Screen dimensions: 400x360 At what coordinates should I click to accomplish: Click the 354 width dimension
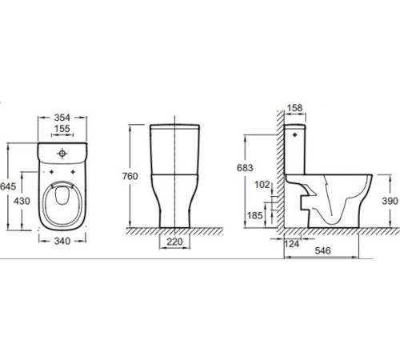click(x=62, y=118)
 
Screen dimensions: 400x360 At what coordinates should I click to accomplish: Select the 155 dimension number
click(x=62, y=129)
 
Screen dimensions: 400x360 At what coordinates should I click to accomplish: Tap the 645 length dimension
click(x=8, y=186)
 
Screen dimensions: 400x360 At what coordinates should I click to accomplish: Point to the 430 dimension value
click(x=22, y=201)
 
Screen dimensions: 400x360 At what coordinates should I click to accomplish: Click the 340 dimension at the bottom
click(x=62, y=241)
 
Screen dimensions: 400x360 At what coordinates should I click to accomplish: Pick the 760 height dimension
click(x=130, y=176)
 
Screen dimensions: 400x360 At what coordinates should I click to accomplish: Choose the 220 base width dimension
click(x=174, y=242)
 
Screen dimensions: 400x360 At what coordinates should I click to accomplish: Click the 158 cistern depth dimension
click(x=295, y=108)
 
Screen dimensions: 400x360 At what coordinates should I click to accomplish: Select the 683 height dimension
click(x=245, y=168)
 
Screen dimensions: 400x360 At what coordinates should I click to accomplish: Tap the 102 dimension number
click(x=262, y=184)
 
